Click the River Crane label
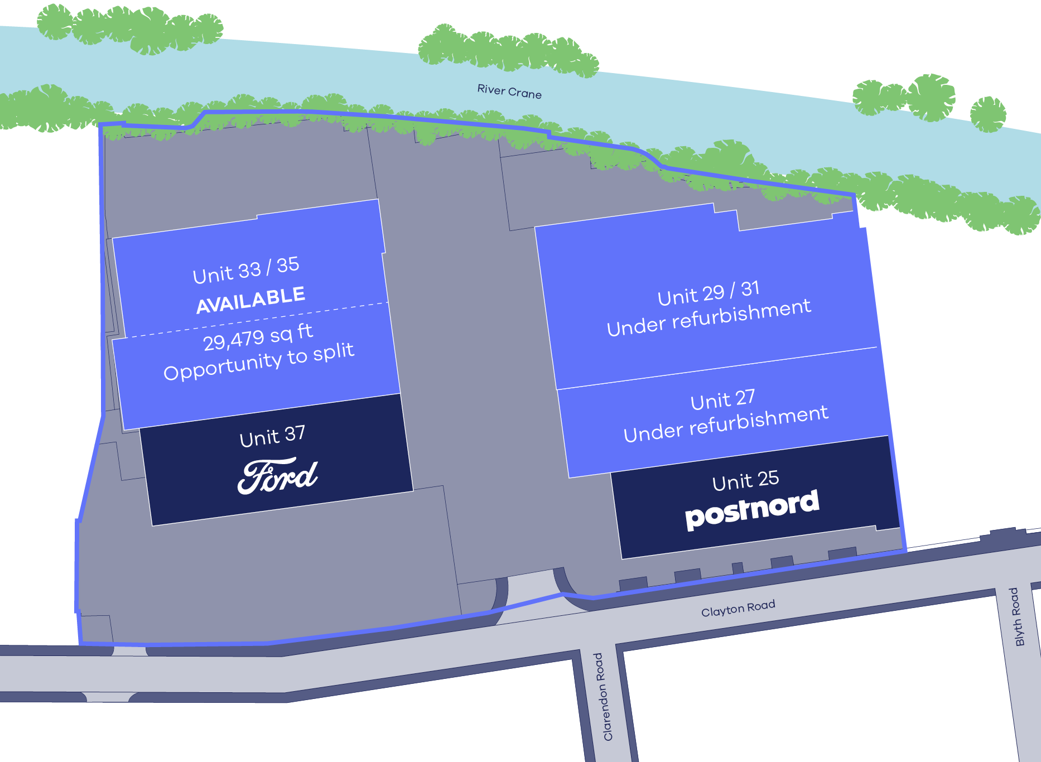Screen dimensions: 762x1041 click(509, 91)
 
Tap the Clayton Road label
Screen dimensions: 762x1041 click(738, 609)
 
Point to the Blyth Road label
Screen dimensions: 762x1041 click(1016, 616)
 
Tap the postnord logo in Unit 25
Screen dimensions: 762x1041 click(751, 509)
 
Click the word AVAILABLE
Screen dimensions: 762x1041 click(250, 300)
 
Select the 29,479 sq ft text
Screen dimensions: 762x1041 click(257, 337)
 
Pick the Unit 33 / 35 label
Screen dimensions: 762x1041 click(246, 270)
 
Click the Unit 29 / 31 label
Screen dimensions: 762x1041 click(708, 293)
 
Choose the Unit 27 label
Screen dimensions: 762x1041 click(722, 399)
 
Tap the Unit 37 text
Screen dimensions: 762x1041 click(272, 436)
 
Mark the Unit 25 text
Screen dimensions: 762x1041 click(745, 480)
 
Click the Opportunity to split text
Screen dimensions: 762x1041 click(259, 362)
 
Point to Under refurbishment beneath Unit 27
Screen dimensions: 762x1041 click(725, 424)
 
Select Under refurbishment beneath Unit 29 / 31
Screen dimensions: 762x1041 click(709, 318)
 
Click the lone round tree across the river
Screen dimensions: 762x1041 click(987, 114)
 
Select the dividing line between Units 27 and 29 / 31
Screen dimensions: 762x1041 click(717, 368)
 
